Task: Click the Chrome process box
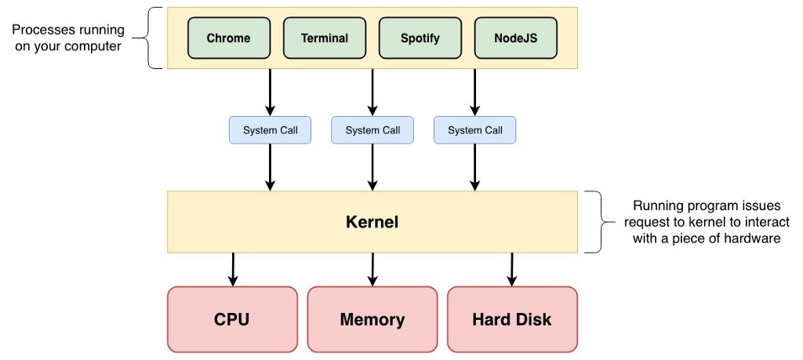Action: (x=228, y=38)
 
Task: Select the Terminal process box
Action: (x=324, y=38)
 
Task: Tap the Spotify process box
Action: (x=420, y=38)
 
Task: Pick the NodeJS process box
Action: (x=515, y=38)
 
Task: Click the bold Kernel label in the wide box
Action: (x=372, y=222)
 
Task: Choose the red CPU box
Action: (x=232, y=319)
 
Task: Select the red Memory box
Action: (x=372, y=319)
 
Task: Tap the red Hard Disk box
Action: (x=511, y=319)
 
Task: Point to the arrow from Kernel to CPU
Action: (x=232, y=269)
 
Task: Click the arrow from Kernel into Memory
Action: (x=372, y=269)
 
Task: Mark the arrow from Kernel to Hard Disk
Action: (x=511, y=269)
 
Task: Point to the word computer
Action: (x=96, y=45)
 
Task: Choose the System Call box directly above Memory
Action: (x=372, y=130)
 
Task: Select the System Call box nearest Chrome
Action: (x=270, y=130)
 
